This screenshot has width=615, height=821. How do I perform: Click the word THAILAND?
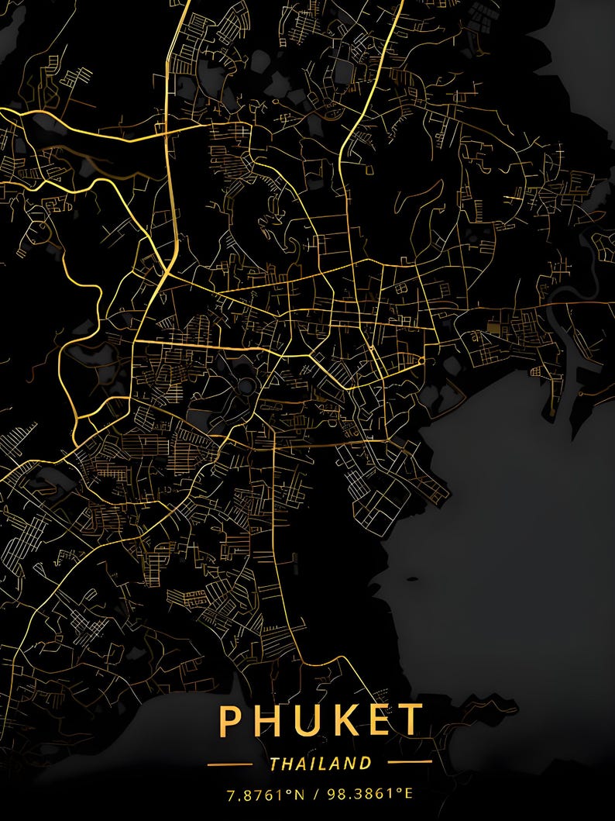[x=321, y=763]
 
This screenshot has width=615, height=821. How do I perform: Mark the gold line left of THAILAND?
[x=230, y=764]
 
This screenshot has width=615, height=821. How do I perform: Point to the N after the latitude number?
[x=298, y=795]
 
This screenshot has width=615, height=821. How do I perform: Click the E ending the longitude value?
[x=408, y=795]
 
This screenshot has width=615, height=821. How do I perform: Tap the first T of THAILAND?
[x=275, y=763]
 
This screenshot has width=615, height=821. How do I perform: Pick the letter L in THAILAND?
[x=327, y=763]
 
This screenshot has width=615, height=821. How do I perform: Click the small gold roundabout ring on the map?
[x=421, y=361]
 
